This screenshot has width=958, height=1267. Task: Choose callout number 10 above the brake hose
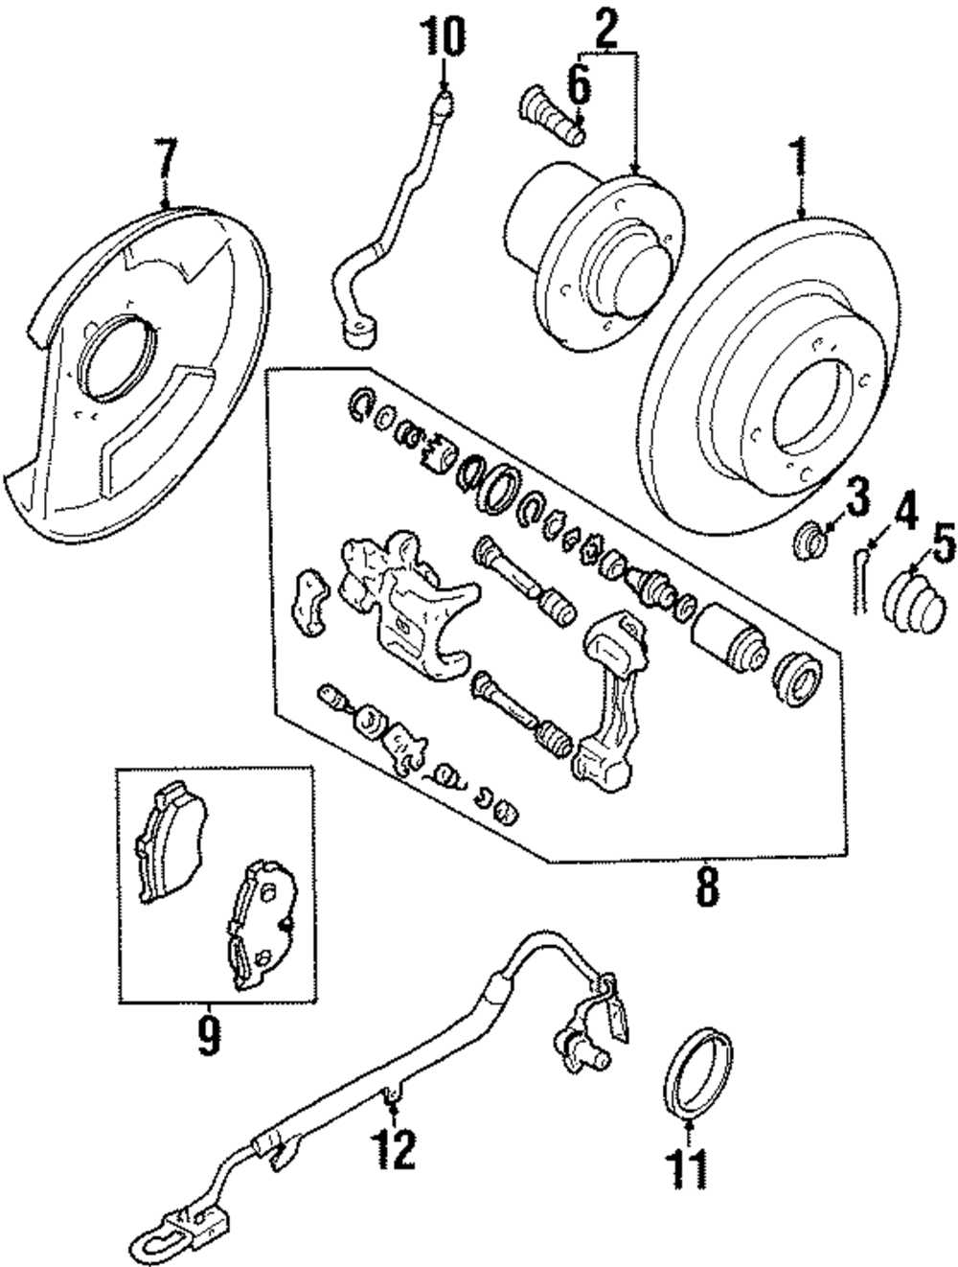click(x=445, y=40)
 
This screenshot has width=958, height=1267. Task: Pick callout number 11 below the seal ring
click(x=691, y=1166)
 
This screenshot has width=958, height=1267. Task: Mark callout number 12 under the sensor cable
click(x=395, y=1147)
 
